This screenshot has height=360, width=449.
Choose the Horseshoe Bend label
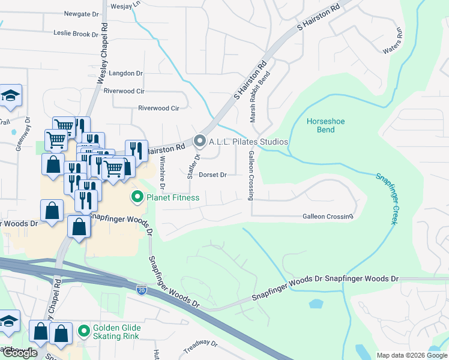[x=325, y=125]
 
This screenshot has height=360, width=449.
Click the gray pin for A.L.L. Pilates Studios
[x=200, y=142]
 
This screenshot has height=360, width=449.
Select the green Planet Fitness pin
[x=137, y=197]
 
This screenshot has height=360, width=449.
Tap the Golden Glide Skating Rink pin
[x=84, y=330]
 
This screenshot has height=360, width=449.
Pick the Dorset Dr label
[x=212, y=175]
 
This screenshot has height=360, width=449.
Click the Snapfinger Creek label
[x=386, y=199]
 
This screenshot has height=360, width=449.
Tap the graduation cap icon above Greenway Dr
[x=10, y=95]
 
